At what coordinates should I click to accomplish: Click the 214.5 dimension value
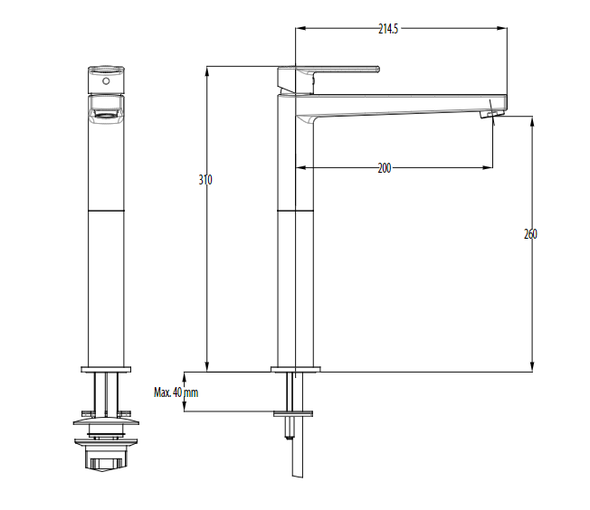[x=388, y=29]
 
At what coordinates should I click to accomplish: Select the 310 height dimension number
[x=205, y=180]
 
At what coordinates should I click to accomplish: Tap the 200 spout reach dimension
[x=385, y=168]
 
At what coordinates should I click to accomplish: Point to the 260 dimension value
[x=530, y=234]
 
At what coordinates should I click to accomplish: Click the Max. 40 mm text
[x=176, y=392]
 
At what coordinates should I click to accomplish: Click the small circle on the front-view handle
[x=106, y=80]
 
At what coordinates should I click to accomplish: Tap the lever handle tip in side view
[x=377, y=70]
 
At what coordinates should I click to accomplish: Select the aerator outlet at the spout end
[x=492, y=114]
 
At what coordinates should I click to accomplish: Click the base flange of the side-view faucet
[x=295, y=369]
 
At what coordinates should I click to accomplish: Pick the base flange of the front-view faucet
[x=106, y=369]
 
